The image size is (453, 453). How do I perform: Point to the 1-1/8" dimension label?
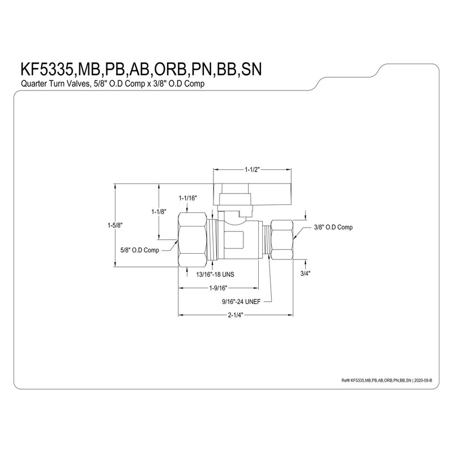coord(159,212)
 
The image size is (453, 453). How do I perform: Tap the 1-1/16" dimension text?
coord(187,198)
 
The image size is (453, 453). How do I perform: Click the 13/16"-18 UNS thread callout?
coord(215,275)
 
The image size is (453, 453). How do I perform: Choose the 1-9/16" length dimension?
coord(218,288)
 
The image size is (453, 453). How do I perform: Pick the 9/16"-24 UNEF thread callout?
coord(241,302)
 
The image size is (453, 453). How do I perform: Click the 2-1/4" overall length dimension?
coord(236,315)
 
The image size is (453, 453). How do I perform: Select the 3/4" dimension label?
coord(305,273)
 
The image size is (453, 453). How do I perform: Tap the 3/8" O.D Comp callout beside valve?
coord(334,228)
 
